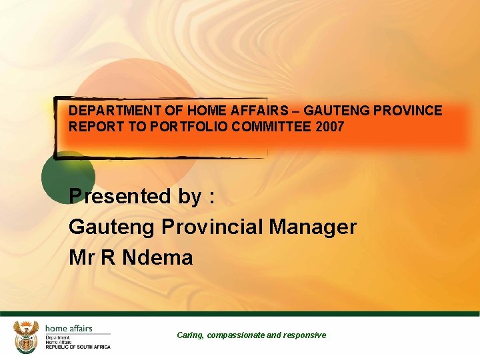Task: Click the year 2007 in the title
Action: (x=331, y=126)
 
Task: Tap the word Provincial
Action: (x=213, y=227)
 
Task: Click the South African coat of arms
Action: (x=26, y=337)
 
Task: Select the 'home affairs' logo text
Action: (x=69, y=329)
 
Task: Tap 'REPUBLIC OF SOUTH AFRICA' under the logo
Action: (x=77, y=347)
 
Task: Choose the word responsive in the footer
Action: (x=305, y=335)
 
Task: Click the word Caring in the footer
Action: (x=190, y=335)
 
